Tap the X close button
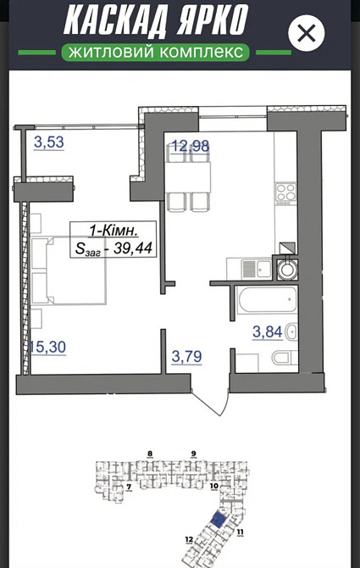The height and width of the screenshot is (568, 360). coord(307,34)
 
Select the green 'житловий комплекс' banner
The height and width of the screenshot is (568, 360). coord(155,53)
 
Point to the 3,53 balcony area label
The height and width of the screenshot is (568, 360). coord(48,142)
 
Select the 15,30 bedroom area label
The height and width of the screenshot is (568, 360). coord(47,346)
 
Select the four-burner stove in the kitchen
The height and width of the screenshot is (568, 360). coord(285,192)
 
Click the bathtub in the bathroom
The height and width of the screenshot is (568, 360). coord(267,299)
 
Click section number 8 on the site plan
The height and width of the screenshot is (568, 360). coord(149,454)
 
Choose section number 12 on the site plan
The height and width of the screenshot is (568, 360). coord(189,538)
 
